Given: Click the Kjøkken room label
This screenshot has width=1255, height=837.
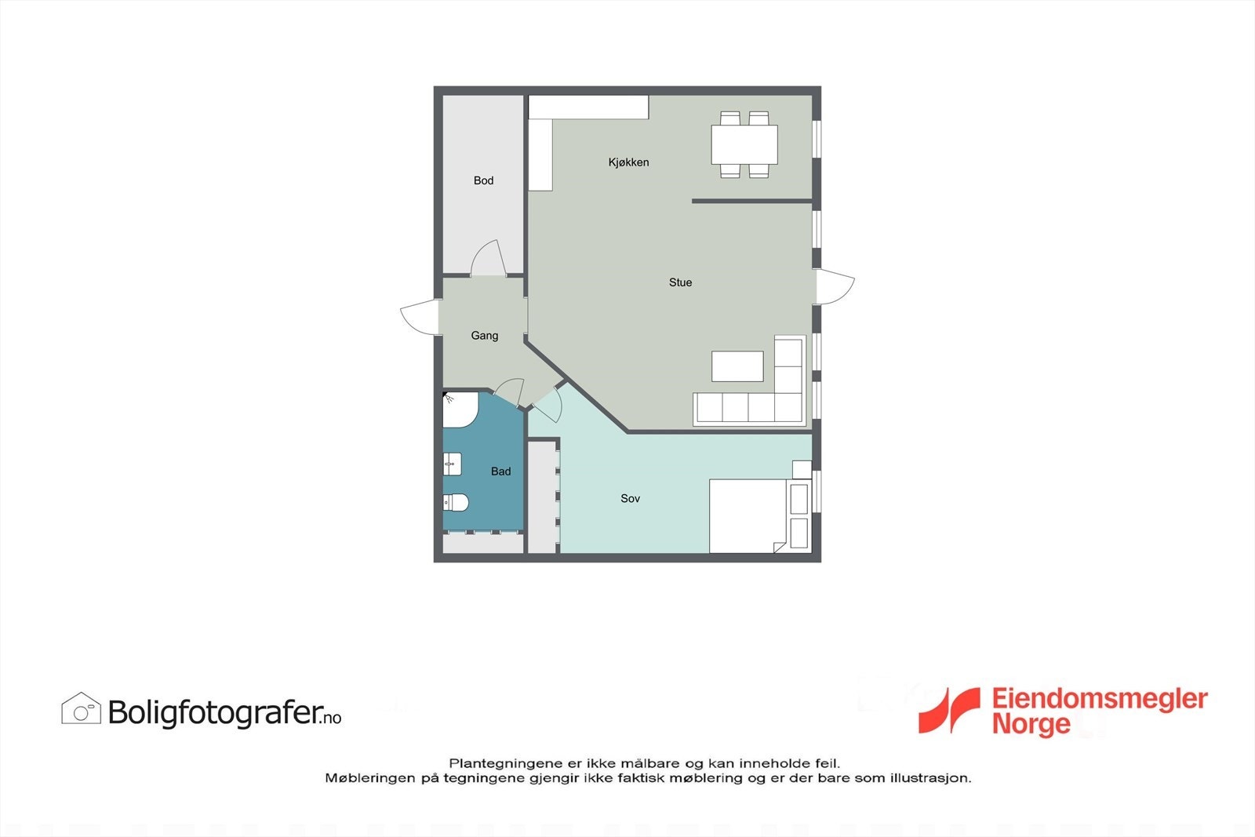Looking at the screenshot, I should click(x=628, y=162).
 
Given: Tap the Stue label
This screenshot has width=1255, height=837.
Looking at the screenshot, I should click(x=680, y=282).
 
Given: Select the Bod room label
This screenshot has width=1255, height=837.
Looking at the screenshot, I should click(x=483, y=180).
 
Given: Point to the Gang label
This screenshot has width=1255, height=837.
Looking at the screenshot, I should click(x=484, y=336).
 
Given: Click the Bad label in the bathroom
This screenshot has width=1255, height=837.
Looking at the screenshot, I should click(x=500, y=471).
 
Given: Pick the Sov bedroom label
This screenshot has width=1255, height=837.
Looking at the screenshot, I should click(x=630, y=498).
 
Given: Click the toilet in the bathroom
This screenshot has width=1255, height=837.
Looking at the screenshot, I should click(x=456, y=501).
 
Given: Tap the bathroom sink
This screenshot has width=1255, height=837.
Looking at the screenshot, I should click(x=452, y=464).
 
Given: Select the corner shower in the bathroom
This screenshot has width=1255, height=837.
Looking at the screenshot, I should click(x=458, y=409).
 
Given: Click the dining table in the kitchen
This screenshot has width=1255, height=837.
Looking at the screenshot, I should click(x=744, y=145).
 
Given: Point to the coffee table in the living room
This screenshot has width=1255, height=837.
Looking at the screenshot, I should click(x=737, y=366).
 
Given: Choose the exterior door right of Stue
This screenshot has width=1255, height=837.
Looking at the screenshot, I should click(x=835, y=286).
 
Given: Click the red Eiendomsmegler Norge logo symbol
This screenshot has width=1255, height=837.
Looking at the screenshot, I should click(x=950, y=711).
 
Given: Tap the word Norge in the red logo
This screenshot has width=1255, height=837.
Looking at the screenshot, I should click(x=1031, y=724).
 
